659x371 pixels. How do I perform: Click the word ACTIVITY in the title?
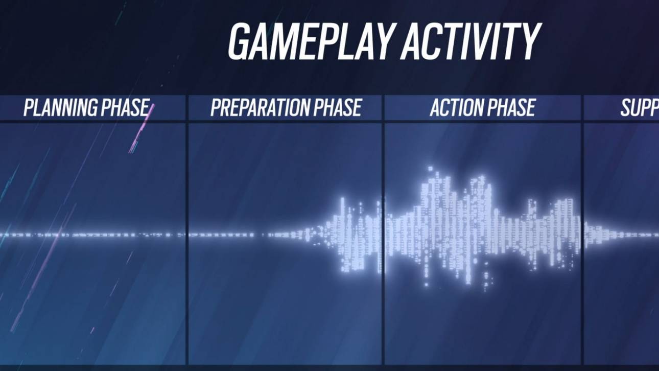pyautogui.click(x=470, y=41)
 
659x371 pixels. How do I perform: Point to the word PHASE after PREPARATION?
pyautogui.click(x=338, y=108)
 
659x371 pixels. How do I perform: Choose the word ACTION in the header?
pyautogui.click(x=456, y=108)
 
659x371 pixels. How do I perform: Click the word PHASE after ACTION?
pyautogui.click(x=511, y=108)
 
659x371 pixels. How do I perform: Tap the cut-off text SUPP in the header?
pyautogui.click(x=639, y=108)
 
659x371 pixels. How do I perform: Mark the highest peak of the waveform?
pyautogui.click(x=430, y=169)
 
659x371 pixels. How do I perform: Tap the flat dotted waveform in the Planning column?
pyautogui.click(x=92, y=235)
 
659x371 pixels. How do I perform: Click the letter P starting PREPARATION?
pyautogui.click(x=216, y=108)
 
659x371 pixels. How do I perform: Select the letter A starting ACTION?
pyautogui.click(x=436, y=108)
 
